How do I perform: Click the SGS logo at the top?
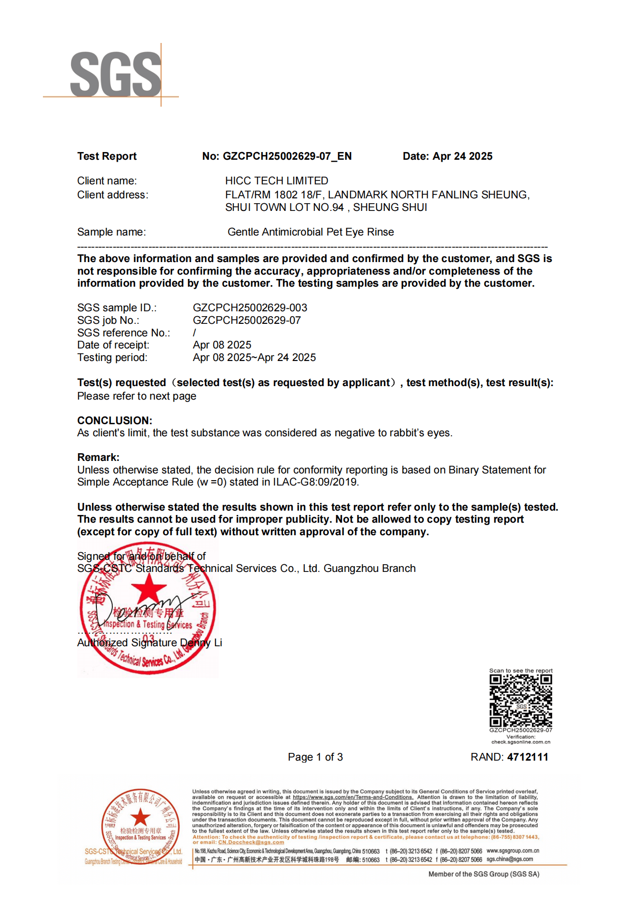tap(115, 75)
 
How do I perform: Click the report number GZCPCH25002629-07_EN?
tap(287, 156)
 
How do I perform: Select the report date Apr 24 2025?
tap(462, 156)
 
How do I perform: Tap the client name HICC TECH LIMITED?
tap(276, 181)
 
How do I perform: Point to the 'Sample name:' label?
tap(111, 232)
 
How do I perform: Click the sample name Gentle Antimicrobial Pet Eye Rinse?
tap(311, 232)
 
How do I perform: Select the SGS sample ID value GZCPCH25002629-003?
tap(250, 308)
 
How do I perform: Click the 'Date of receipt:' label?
tap(113, 345)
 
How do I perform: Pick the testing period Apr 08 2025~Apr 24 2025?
tap(254, 358)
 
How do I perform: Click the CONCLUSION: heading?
tap(115, 420)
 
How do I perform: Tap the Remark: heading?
tap(98, 457)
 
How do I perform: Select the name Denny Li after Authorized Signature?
tap(201, 643)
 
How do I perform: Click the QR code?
tap(521, 701)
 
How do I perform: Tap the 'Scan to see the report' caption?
tap(521, 671)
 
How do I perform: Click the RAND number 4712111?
tap(528, 757)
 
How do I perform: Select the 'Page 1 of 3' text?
tap(315, 757)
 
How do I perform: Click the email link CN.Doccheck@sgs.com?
tap(251, 842)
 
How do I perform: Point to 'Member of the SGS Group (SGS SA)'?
tap(484, 874)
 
